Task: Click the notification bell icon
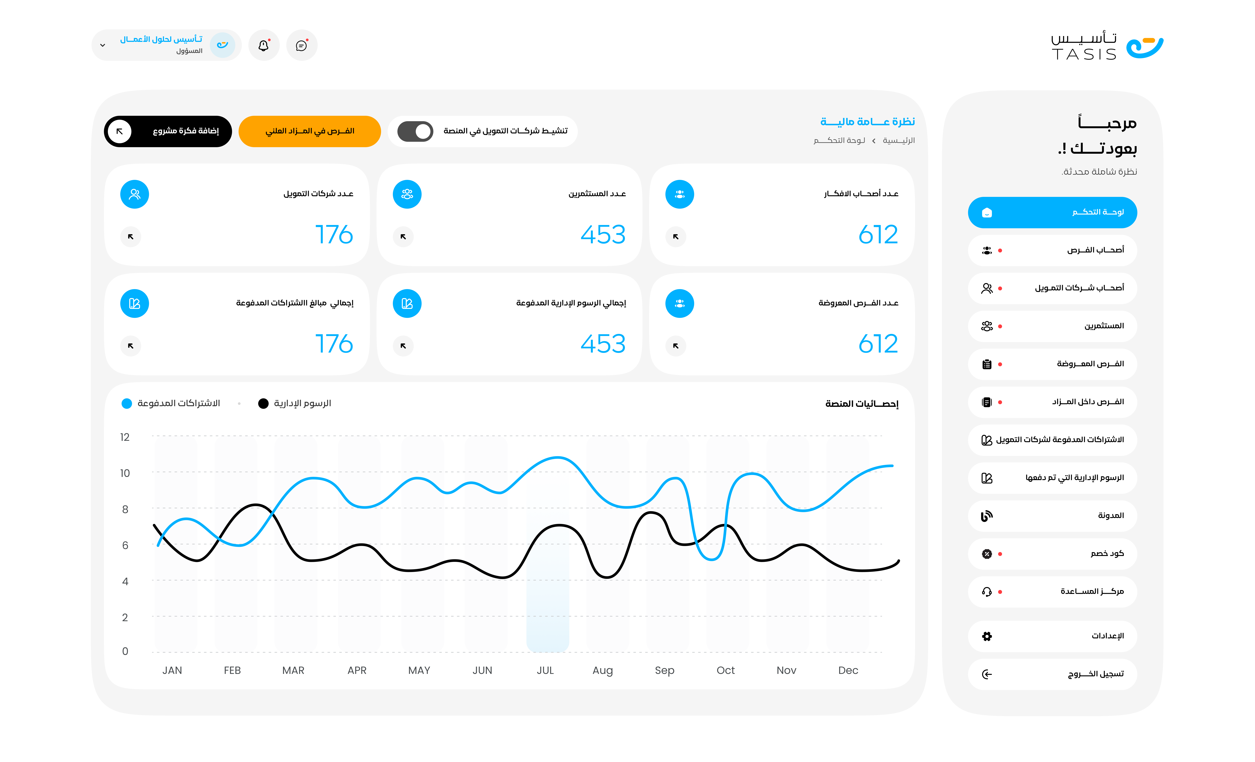pyautogui.click(x=263, y=45)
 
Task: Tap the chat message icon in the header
pyautogui.click(x=301, y=45)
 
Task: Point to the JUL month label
pyautogui.click(x=545, y=670)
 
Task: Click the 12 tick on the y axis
pyautogui.click(x=125, y=437)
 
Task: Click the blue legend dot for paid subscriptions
pyautogui.click(x=127, y=404)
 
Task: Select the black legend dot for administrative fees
pyautogui.click(x=263, y=404)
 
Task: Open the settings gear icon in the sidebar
pyautogui.click(x=987, y=636)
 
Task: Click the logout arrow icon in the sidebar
pyautogui.click(x=987, y=674)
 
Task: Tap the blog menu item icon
pyautogui.click(x=987, y=516)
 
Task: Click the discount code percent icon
pyautogui.click(x=987, y=554)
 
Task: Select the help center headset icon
pyautogui.click(x=987, y=592)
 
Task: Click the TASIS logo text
pyautogui.click(x=1084, y=54)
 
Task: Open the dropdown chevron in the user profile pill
pyautogui.click(x=103, y=45)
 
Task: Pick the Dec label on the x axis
pyautogui.click(x=848, y=670)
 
